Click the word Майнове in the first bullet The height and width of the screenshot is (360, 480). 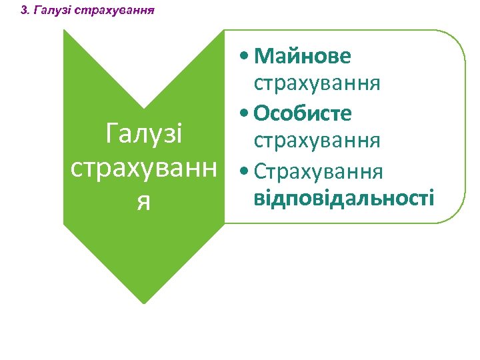pos(302,56)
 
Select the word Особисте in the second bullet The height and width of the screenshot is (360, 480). pos(302,113)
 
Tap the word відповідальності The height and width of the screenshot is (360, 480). pos(344,198)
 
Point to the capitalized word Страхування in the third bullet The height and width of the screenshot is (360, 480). pos(319,171)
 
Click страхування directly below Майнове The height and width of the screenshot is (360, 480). pos(317,84)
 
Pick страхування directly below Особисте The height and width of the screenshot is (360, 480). pos(317,141)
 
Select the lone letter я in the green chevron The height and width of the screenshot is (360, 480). pos(143,201)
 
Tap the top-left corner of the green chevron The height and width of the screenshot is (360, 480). pos(65,31)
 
